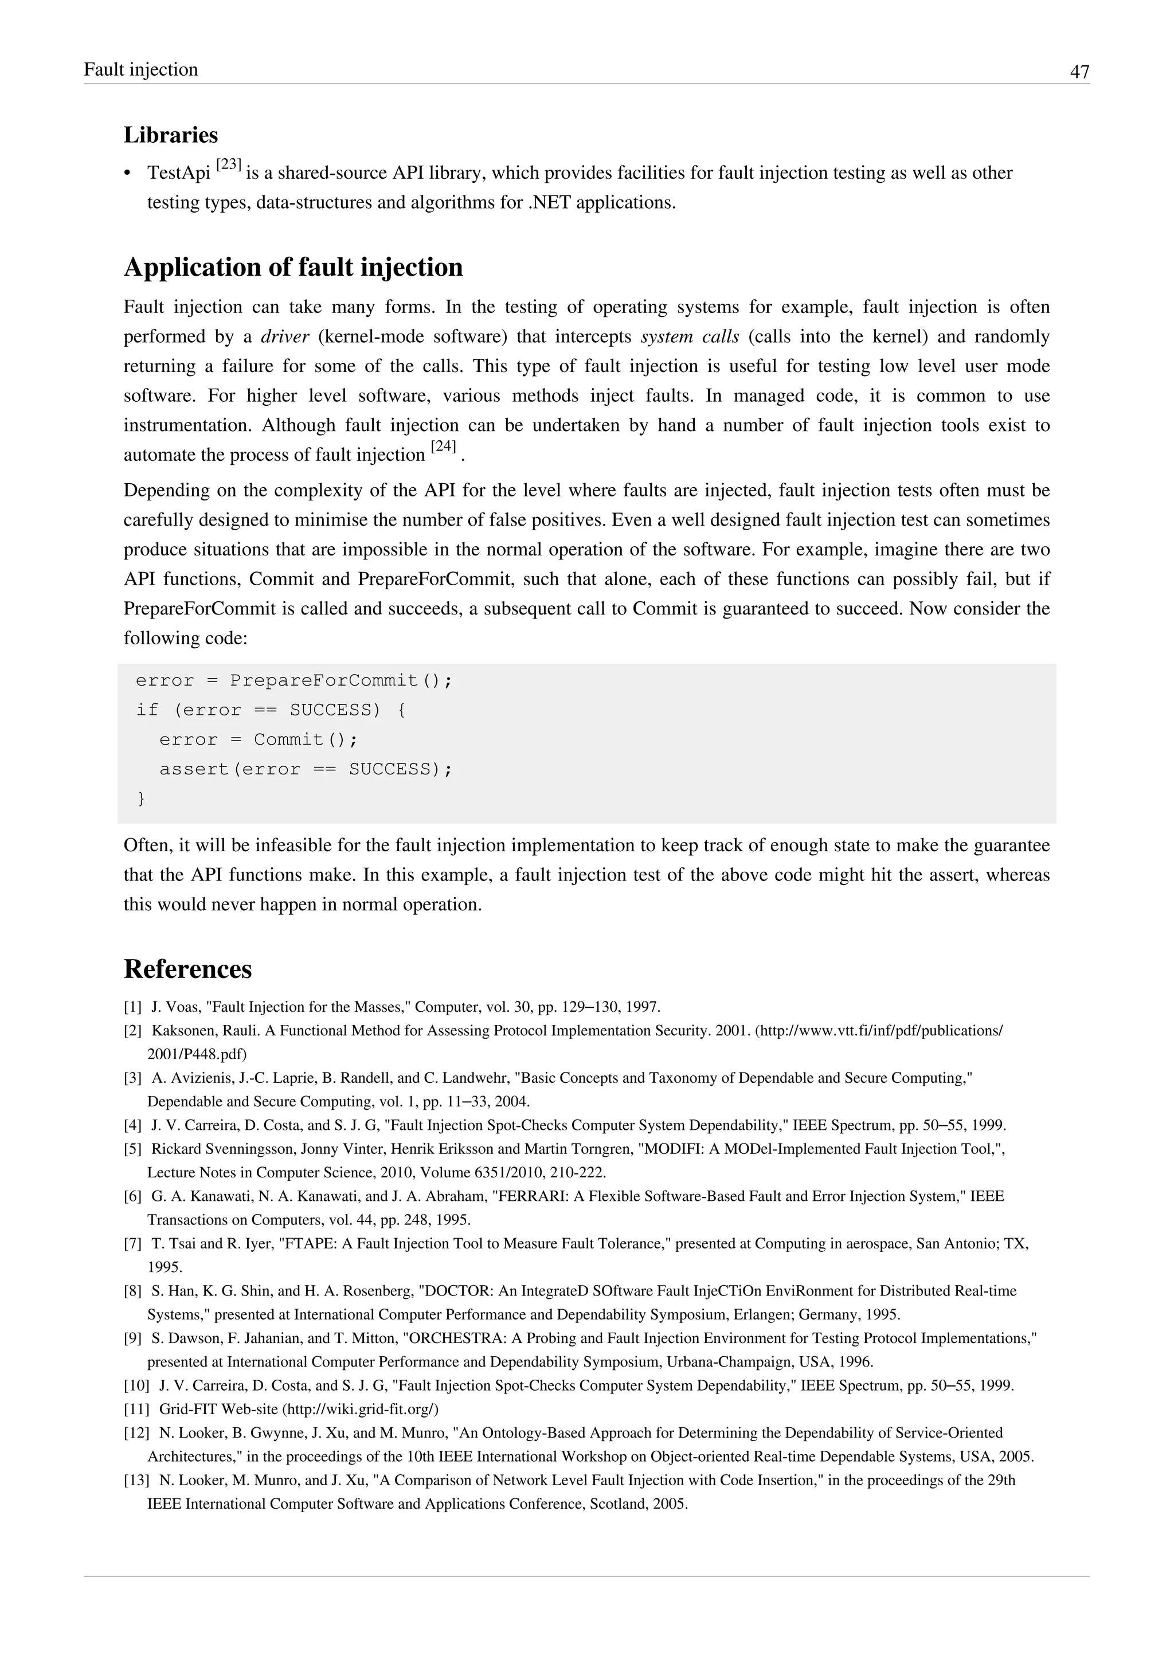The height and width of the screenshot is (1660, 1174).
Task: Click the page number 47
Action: point(1079,72)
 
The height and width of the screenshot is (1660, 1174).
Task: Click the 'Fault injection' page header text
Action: point(141,70)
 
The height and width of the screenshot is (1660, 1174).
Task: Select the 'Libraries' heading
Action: point(171,135)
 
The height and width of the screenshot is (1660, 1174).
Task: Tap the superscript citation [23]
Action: point(229,165)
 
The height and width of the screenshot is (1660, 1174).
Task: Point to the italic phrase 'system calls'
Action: point(690,337)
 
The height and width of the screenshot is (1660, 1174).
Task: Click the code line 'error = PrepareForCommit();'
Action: point(293,680)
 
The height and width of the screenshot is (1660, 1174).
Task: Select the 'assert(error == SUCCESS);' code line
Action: point(306,769)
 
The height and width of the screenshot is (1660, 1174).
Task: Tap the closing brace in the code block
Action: point(141,798)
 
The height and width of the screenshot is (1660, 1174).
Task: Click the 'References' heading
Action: point(187,969)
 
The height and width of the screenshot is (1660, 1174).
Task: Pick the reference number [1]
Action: point(132,1007)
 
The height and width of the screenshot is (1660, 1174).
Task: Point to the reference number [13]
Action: point(136,1480)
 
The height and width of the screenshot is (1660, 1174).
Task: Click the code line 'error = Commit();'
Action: point(259,739)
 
